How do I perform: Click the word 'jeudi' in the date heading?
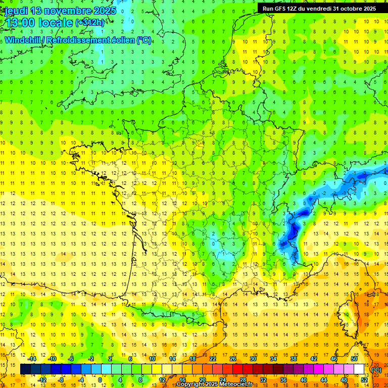(x=15, y=11)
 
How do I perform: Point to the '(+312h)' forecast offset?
(x=90, y=23)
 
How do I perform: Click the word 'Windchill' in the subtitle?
(x=23, y=40)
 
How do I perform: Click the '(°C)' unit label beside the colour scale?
(x=376, y=370)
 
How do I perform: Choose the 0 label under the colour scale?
(x=100, y=380)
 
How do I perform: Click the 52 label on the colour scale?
(x=364, y=380)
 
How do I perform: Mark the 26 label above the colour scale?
(x=233, y=359)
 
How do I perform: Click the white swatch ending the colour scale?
(x=359, y=369)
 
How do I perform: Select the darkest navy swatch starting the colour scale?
(x=25, y=369)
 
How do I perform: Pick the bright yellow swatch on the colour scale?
(x=157, y=369)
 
